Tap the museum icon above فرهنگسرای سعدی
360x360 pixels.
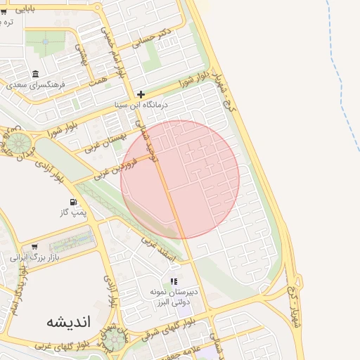tap(35, 74)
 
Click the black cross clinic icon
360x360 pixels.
tap(141, 94)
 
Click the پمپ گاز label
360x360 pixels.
tap(73, 212)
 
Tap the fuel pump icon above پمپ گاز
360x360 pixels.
tap(73, 202)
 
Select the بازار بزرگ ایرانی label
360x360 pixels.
tap(34, 258)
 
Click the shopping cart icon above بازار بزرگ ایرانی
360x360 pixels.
tap(34, 247)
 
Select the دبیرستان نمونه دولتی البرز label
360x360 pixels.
tap(174, 297)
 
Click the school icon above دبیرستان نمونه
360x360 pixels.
tap(174, 282)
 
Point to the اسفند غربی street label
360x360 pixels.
tap(157, 250)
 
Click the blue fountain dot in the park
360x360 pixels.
tap(46, 41)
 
